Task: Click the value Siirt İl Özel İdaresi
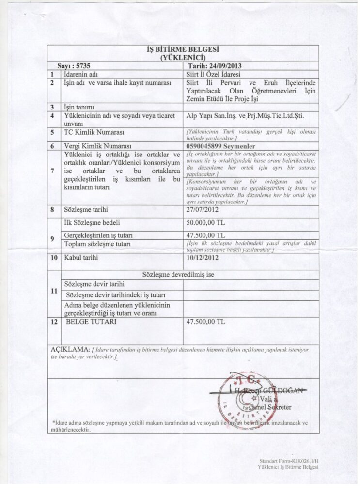[213, 74]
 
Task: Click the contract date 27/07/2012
[203, 210]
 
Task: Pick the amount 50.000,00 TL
[205, 223]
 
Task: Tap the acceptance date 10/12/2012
[203, 258]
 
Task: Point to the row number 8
[52, 210]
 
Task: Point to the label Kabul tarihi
[81, 258]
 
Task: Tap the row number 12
[53, 321]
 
